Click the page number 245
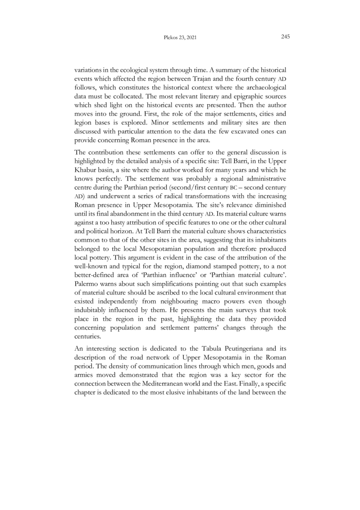284,37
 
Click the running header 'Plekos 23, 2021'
180,38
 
